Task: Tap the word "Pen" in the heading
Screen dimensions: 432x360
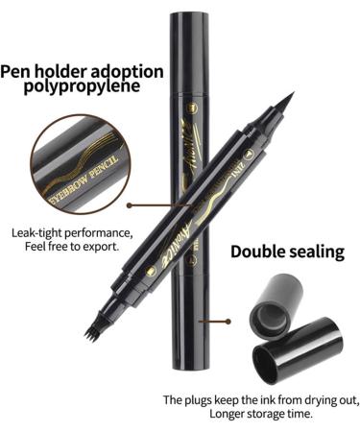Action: coord(19,69)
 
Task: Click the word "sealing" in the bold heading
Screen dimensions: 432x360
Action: coord(318,253)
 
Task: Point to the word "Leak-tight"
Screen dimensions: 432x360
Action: coord(41,232)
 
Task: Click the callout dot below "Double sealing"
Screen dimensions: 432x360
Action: coord(227,323)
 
